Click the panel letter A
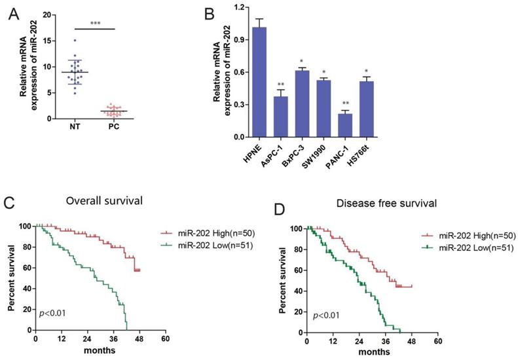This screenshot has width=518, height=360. (11, 11)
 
